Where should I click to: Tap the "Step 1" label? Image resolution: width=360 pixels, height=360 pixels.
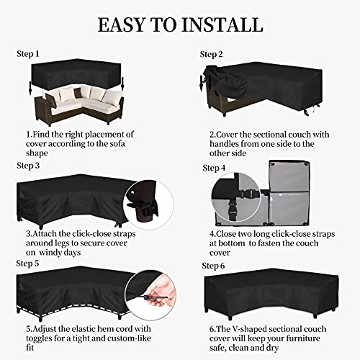[x=30, y=54]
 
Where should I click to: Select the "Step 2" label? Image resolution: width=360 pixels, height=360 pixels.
[x=212, y=54]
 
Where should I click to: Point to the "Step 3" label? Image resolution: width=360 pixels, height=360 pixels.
[x=30, y=166]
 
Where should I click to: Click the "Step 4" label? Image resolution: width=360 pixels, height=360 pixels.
[x=215, y=168]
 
